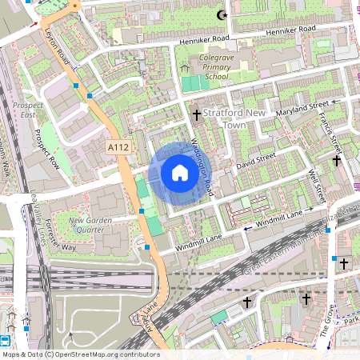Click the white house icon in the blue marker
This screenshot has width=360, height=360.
(180, 173)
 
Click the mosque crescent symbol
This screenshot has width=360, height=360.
(222, 14)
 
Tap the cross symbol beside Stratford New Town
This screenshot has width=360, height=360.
(196, 114)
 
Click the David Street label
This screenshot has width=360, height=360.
(256, 161)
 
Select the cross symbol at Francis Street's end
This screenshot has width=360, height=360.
(337, 161)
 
